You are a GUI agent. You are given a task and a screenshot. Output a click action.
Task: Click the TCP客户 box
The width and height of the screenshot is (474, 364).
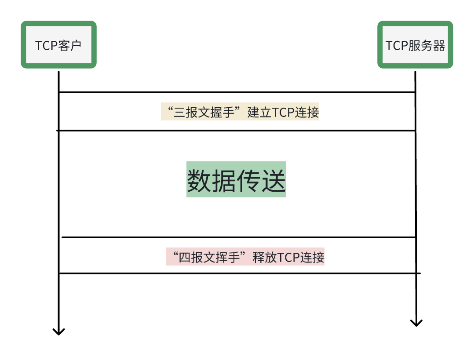[x=58, y=45]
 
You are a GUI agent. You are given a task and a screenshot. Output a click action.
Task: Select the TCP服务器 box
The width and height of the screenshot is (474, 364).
[x=415, y=45]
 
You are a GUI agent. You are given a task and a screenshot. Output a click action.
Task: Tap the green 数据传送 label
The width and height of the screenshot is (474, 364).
[x=236, y=180]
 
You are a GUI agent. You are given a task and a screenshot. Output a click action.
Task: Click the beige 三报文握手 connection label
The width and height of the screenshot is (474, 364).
[x=240, y=112]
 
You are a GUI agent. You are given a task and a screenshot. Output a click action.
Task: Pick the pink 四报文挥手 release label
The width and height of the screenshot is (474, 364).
[x=245, y=257]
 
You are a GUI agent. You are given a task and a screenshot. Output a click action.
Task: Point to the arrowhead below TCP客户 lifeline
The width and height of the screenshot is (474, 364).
[x=58, y=331]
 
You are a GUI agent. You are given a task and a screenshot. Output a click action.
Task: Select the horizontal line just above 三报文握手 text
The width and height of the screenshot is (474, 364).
[x=237, y=92]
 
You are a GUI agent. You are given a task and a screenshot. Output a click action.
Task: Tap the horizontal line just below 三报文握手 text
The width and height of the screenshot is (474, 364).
[x=237, y=130]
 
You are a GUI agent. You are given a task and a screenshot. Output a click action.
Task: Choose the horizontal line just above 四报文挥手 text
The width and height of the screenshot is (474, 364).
[x=237, y=237]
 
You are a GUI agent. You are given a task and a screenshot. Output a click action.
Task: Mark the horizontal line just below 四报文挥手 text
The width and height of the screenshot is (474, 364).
[x=237, y=273]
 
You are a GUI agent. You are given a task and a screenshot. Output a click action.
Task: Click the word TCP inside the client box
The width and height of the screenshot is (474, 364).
[x=46, y=45]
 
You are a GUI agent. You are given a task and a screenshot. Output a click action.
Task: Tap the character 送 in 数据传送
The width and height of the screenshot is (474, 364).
[x=274, y=181]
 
